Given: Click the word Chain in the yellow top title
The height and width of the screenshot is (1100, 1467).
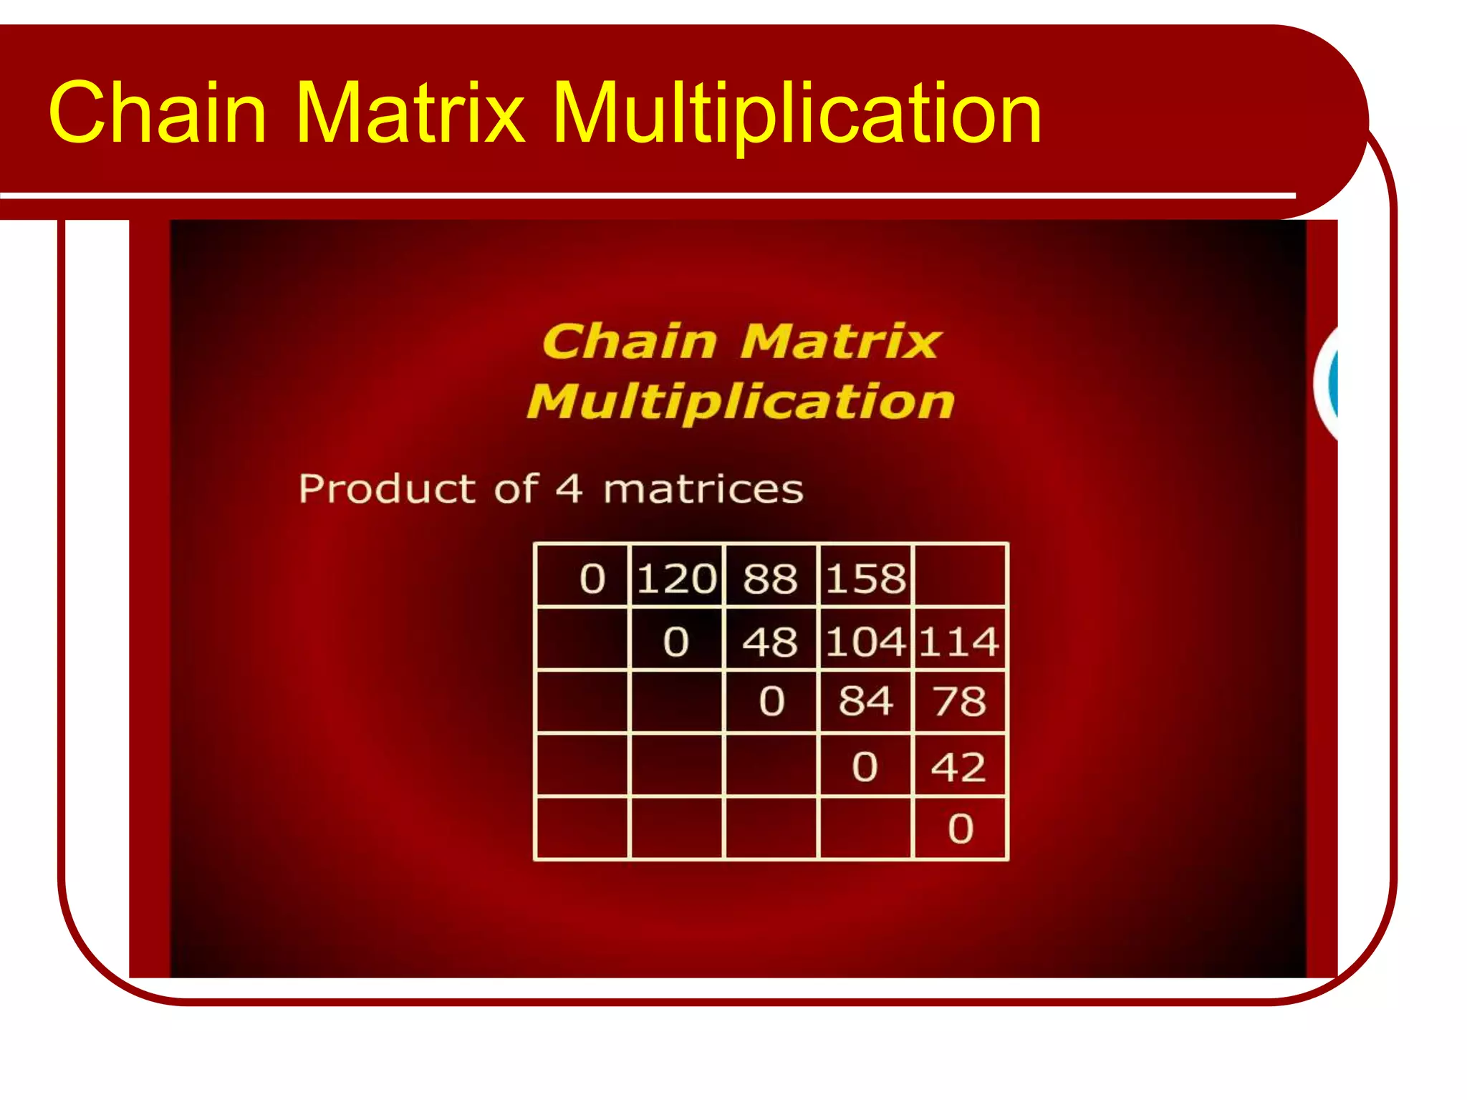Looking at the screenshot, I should (158, 112).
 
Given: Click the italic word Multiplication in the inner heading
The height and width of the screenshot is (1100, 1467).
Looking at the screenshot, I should (741, 402).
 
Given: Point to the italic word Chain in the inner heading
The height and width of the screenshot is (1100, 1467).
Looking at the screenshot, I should (630, 341).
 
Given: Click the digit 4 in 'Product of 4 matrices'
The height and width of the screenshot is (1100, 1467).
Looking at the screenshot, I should (569, 489).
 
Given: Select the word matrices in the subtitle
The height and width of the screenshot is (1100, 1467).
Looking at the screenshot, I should (703, 489).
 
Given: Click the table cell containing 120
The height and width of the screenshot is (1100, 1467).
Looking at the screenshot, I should (676, 578).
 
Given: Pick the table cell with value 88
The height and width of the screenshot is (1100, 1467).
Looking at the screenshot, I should (770, 578).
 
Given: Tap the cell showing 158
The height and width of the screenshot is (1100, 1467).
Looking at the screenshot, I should (865, 578).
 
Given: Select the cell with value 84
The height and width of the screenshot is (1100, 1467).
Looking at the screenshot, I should (865, 701).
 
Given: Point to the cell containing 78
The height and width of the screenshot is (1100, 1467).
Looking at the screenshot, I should (959, 701).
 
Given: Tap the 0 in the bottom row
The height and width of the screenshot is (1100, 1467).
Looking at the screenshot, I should (961, 829).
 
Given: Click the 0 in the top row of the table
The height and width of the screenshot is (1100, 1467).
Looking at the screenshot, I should (592, 578).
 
